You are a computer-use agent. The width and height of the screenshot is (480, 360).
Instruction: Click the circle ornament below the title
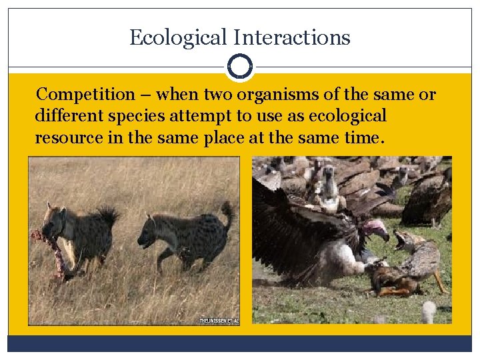[240, 67]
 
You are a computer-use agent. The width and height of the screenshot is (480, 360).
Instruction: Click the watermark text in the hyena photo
[219, 321]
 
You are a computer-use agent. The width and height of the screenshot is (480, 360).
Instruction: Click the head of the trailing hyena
[151, 232]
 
